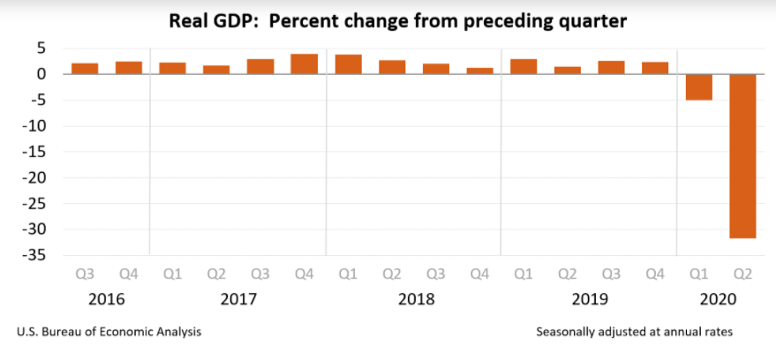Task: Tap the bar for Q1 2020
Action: click(699, 86)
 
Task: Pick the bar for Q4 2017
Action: click(305, 64)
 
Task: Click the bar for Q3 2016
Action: click(85, 69)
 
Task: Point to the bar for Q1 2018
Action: click(348, 64)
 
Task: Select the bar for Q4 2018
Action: click(480, 71)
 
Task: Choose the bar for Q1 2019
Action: click(524, 66)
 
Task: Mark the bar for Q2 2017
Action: click(216, 70)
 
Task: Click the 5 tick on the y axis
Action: click(41, 48)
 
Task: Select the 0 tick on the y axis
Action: click(41, 74)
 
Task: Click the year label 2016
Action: click(106, 299)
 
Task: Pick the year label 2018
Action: click(414, 299)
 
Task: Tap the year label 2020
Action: click(720, 299)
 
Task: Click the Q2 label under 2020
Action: click(742, 275)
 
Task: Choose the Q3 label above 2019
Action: click(611, 275)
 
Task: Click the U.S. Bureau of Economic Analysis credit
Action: click(109, 333)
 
